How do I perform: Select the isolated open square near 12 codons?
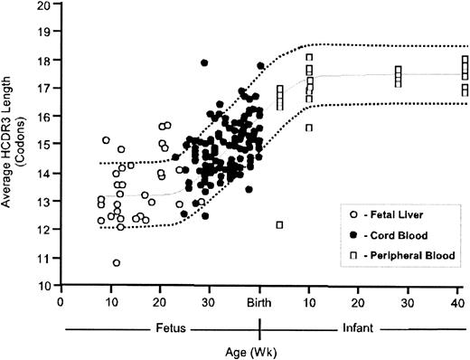pos(280,224)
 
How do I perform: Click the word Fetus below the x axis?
pos(170,327)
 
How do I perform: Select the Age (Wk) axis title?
pos(259,349)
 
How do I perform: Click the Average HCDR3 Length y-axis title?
pos(12,148)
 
